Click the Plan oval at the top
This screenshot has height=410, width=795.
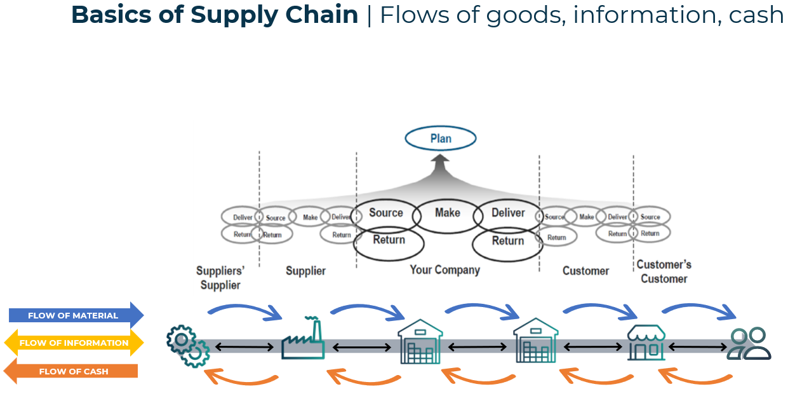pyautogui.click(x=441, y=139)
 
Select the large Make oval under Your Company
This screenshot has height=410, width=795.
pyautogui.click(x=448, y=214)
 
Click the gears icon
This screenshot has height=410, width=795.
pyautogui.click(x=187, y=345)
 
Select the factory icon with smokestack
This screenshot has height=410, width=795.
pyautogui.click(x=304, y=339)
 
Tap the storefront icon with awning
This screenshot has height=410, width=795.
pyautogui.click(x=646, y=343)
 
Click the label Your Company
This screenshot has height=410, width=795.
pyautogui.click(x=444, y=270)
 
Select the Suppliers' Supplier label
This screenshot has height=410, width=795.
pyautogui.click(x=220, y=278)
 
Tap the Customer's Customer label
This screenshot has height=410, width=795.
pyautogui.click(x=664, y=271)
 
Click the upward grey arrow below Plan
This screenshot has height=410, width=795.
pyautogui.click(x=441, y=167)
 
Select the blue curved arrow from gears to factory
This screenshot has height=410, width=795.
pyautogui.click(x=245, y=309)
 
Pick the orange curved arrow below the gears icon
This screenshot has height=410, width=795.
pyautogui.click(x=241, y=378)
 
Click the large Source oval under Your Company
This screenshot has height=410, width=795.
pyautogui.click(x=386, y=214)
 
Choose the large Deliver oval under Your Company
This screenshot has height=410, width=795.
pyautogui.click(x=508, y=214)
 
